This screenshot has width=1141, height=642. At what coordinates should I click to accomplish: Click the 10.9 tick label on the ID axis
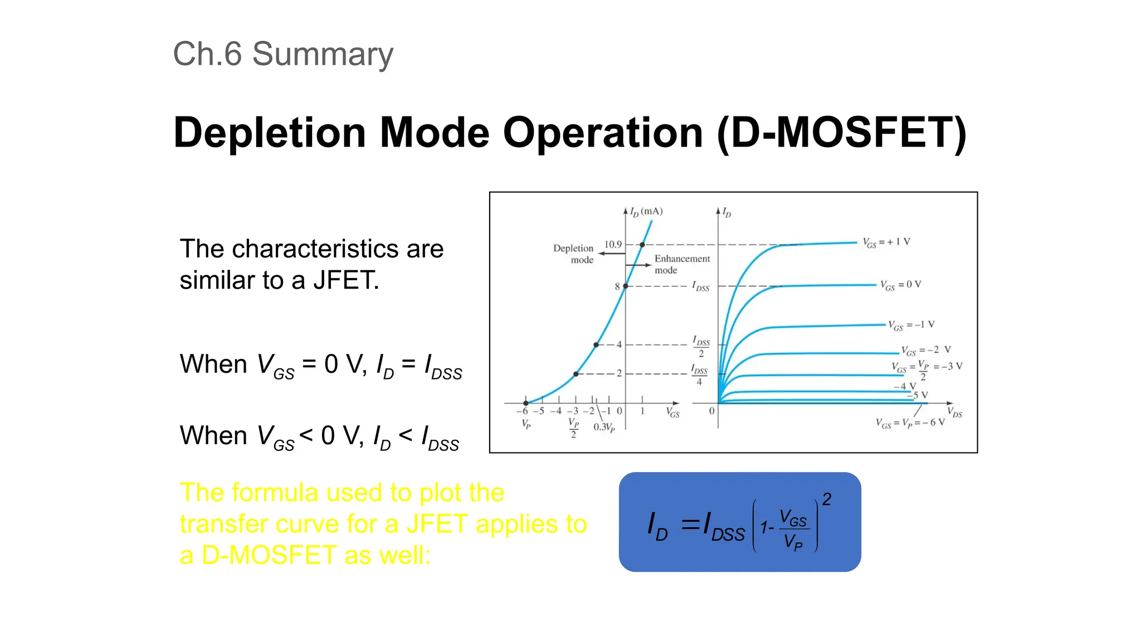[x=613, y=245]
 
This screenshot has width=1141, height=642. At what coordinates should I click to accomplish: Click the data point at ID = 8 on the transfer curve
[x=626, y=286]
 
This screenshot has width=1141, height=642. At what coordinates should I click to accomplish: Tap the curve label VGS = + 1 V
[x=886, y=242]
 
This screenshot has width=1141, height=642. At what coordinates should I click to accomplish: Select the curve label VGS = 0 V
[x=900, y=285]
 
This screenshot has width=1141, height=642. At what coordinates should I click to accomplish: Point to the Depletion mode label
[x=573, y=254]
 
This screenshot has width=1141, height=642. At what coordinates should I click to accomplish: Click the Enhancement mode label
[x=682, y=264]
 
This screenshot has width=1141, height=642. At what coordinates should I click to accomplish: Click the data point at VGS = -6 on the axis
[x=526, y=403]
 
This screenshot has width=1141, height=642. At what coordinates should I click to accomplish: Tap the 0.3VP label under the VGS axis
[x=604, y=427]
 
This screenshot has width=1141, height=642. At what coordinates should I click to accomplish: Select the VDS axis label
[x=954, y=413]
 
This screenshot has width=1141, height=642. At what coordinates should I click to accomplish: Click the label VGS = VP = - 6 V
[x=910, y=423]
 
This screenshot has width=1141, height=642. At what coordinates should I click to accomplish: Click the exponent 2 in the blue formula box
[x=827, y=499]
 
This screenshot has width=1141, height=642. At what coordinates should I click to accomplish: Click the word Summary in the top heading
[x=323, y=55]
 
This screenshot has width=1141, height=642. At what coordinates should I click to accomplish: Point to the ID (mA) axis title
[x=646, y=212]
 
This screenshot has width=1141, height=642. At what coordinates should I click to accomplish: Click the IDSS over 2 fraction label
[x=701, y=346]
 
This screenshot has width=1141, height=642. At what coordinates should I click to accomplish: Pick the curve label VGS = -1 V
[x=911, y=325]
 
